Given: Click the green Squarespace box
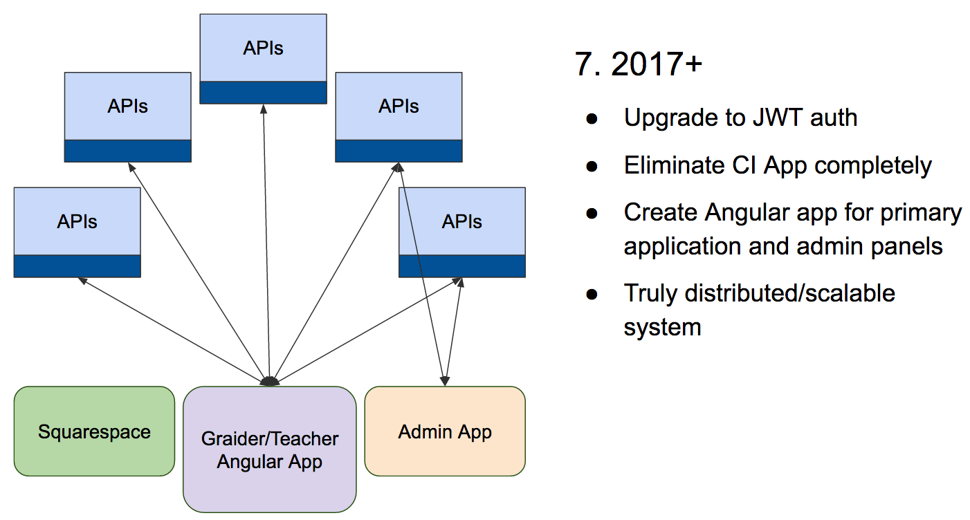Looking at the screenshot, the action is [94, 431].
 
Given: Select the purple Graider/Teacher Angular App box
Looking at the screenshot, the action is [270, 449].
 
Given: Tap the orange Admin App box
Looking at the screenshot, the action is [445, 431].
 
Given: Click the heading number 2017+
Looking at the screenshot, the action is [657, 64].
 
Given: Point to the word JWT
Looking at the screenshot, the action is [777, 118].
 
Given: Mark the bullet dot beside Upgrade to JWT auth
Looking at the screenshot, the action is [592, 119].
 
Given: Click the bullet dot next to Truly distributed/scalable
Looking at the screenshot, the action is [592, 295].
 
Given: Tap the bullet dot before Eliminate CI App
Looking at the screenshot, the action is [592, 166].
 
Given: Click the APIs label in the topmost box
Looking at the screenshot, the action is [264, 48].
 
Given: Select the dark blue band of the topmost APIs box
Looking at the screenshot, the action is [264, 93].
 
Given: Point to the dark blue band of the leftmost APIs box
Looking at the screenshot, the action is [77, 266].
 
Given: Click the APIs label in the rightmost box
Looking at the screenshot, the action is [461, 222].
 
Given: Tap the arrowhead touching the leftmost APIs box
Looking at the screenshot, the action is [82, 281].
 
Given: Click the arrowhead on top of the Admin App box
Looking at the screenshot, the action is [445, 381].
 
